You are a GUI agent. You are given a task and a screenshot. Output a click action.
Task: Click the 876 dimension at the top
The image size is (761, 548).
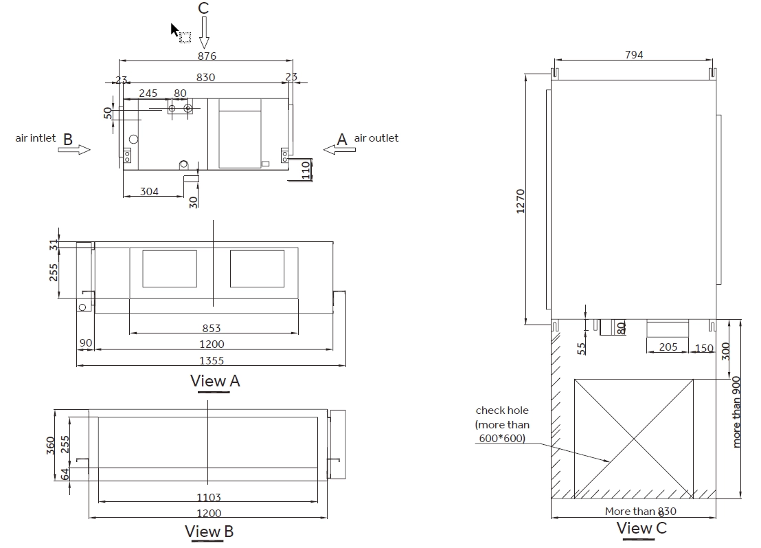pyautogui.click(x=207, y=56)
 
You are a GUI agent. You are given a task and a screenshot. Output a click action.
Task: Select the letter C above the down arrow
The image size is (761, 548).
pyautogui.click(x=203, y=8)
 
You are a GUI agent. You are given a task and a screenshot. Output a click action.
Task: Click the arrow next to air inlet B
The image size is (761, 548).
pyautogui.click(x=74, y=149)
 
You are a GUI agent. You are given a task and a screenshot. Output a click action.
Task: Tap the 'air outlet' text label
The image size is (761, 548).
pyautogui.click(x=376, y=138)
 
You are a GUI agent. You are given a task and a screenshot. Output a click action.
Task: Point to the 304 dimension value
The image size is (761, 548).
pyautogui.click(x=149, y=192)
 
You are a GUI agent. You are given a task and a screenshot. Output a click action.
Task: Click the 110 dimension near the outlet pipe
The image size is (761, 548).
pyautogui.click(x=306, y=169)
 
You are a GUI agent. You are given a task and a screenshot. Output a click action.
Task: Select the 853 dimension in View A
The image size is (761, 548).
pyautogui.click(x=211, y=329)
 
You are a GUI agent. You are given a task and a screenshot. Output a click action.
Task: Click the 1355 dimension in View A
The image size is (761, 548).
pyautogui.click(x=211, y=360)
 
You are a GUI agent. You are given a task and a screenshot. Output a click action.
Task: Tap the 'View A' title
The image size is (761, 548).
pyautogui.click(x=215, y=380)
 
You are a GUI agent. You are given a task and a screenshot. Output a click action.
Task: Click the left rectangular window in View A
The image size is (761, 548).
pyautogui.click(x=170, y=268)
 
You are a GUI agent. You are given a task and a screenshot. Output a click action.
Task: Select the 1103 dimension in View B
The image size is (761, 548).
pyautogui.click(x=208, y=497)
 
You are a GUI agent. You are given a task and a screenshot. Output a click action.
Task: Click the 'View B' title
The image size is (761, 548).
pyautogui.click(x=209, y=531)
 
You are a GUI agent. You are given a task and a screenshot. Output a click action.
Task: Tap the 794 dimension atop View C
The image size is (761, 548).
pyautogui.click(x=634, y=55)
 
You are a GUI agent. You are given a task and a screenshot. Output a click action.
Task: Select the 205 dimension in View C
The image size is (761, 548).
pyautogui.click(x=668, y=347)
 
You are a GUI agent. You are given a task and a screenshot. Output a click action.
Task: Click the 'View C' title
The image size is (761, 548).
pyautogui.click(x=641, y=528)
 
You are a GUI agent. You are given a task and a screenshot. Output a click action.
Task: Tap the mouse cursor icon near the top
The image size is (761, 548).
pyautogui.click(x=175, y=30)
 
